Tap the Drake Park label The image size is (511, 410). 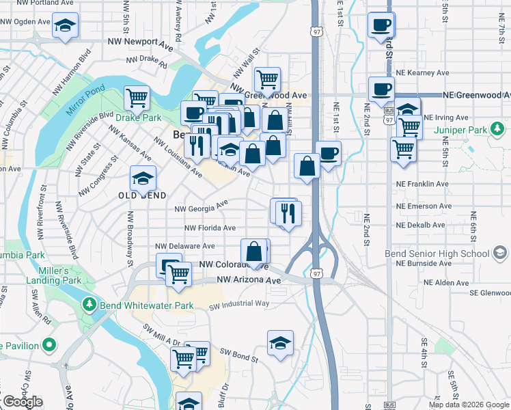click(139, 118)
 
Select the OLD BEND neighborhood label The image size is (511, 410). click(143, 195)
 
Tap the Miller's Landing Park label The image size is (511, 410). click(54, 275)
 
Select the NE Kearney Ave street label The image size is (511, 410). click(424, 72)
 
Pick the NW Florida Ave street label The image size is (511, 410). click(210, 228)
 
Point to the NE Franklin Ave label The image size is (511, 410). click(423, 184)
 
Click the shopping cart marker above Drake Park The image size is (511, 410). click(137, 98)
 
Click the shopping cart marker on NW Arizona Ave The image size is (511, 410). click(179, 274)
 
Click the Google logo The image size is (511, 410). click(23, 402)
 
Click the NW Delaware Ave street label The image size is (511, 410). click(185, 246)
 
